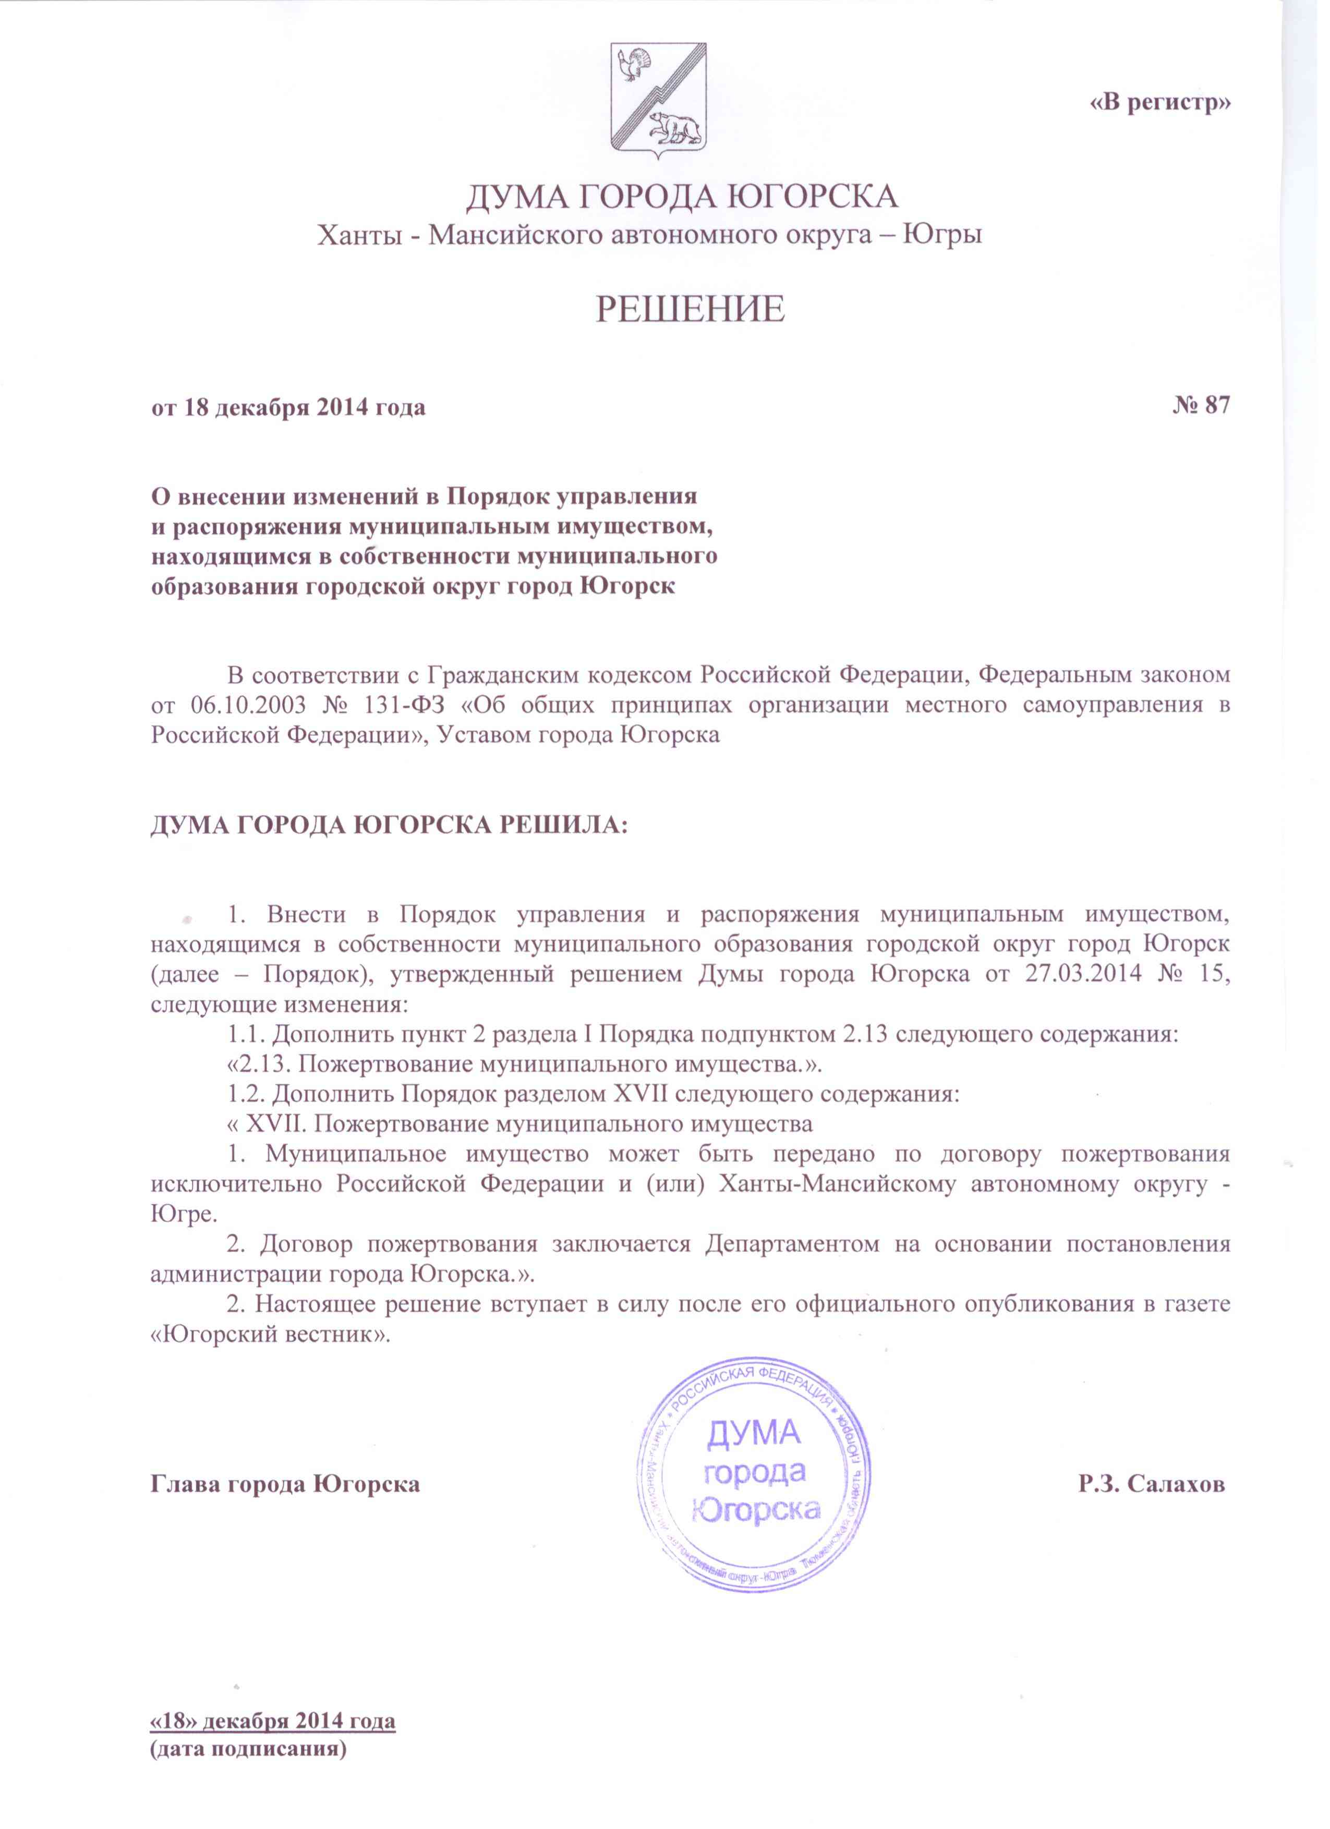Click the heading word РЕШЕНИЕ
[691, 310]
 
